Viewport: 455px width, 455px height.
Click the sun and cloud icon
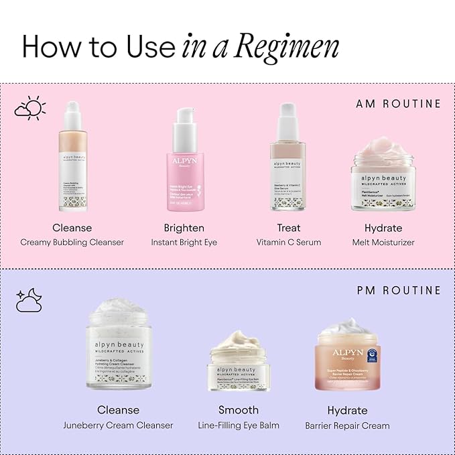(x=30, y=109)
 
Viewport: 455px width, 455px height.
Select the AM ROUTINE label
(x=398, y=104)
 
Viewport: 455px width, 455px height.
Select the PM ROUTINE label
(x=399, y=290)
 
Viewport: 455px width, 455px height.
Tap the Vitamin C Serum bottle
(x=289, y=161)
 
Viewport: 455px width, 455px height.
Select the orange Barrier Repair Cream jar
(x=348, y=355)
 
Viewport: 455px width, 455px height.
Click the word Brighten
(x=184, y=228)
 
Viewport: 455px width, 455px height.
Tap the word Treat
(x=289, y=228)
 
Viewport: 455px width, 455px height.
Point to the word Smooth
(x=239, y=409)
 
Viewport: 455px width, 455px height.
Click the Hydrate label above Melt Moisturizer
(x=383, y=228)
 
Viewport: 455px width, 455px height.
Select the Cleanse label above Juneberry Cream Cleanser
(x=119, y=409)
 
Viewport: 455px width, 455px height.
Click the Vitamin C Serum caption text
(x=289, y=242)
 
